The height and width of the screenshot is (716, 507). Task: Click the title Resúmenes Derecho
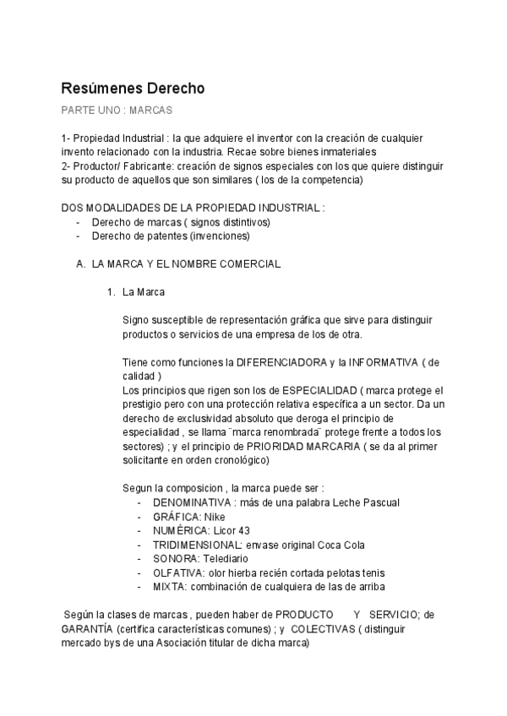133,88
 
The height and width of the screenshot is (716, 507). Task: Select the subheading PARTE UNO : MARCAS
117,111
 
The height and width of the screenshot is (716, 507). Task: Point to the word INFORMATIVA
379,362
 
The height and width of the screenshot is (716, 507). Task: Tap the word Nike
215,517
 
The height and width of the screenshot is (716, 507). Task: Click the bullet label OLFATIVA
178,572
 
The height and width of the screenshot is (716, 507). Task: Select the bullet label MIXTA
170,587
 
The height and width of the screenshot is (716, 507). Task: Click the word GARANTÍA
87,629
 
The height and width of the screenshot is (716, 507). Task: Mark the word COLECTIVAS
321,629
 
